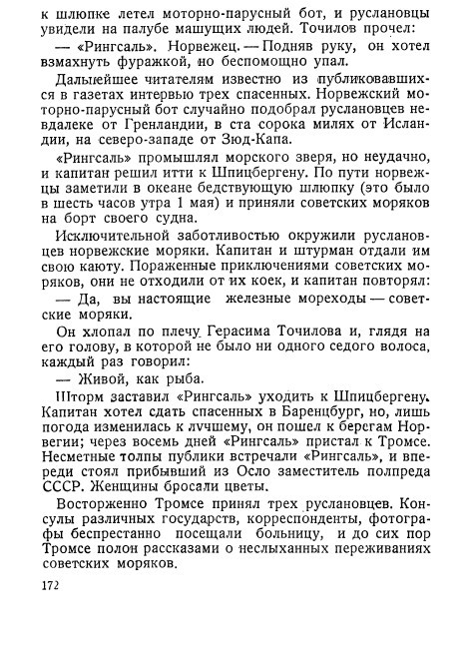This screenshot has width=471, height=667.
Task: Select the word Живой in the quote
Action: click(x=100, y=380)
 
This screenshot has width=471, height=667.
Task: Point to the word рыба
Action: click(x=181, y=380)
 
